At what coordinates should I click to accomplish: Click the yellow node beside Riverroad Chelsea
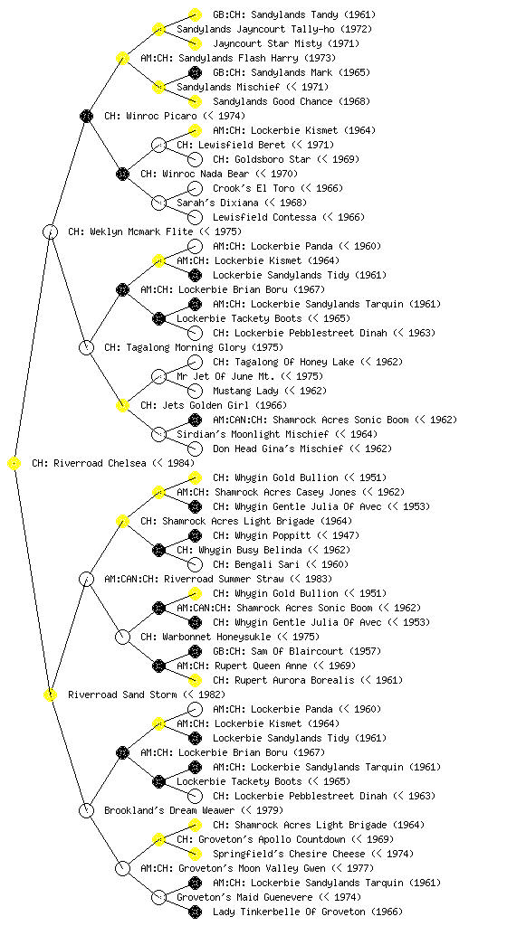click(14, 463)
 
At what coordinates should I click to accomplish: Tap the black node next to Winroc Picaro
click(86, 116)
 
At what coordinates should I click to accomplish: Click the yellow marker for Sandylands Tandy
click(195, 14)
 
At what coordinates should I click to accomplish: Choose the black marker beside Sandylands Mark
click(195, 72)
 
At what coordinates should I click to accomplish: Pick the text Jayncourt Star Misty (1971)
click(285, 43)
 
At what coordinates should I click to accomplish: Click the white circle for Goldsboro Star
click(195, 159)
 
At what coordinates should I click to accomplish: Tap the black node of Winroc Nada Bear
click(122, 174)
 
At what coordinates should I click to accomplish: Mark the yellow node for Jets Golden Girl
click(122, 405)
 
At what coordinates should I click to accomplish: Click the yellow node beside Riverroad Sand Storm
click(50, 694)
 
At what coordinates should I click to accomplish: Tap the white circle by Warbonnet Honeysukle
click(122, 637)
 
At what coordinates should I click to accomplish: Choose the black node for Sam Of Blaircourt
click(195, 651)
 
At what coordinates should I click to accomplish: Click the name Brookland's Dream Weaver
click(169, 810)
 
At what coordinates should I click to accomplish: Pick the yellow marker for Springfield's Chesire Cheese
click(195, 854)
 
